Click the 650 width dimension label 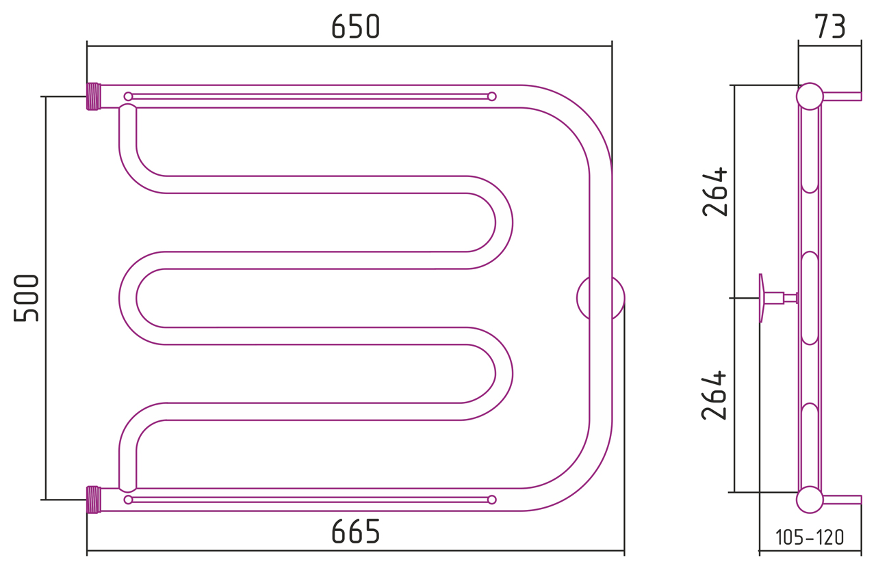pos(355,27)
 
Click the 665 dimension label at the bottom pos(355,531)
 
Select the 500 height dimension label pos(26,298)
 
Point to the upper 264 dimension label pos(714,191)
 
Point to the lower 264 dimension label pos(714,395)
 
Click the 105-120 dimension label pos(810,538)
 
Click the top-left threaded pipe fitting pos(94,96)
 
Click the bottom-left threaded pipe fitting pos(94,500)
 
